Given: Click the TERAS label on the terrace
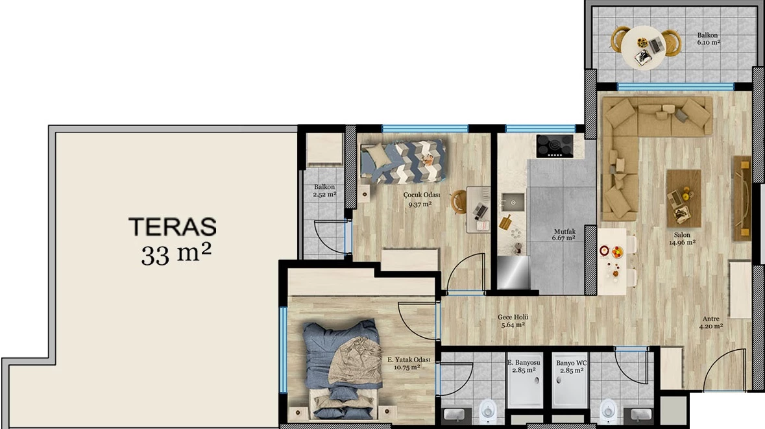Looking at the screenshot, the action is click(172, 227).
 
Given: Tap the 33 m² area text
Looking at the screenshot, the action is click(176, 254).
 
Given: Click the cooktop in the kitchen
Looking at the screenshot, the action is click(555, 146).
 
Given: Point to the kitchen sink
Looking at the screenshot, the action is click(513, 202).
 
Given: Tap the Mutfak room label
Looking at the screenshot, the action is click(564, 232).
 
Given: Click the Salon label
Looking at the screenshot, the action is click(682, 235).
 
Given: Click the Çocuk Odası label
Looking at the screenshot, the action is click(422, 195).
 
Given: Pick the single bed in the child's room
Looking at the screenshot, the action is click(403, 162).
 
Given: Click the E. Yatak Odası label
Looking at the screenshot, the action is click(409, 360).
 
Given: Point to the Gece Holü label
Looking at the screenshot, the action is click(513, 317).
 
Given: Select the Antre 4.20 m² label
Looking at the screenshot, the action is click(711, 323).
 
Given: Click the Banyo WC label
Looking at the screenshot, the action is click(571, 363).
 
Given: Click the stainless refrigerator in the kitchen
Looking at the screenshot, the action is click(513, 273).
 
